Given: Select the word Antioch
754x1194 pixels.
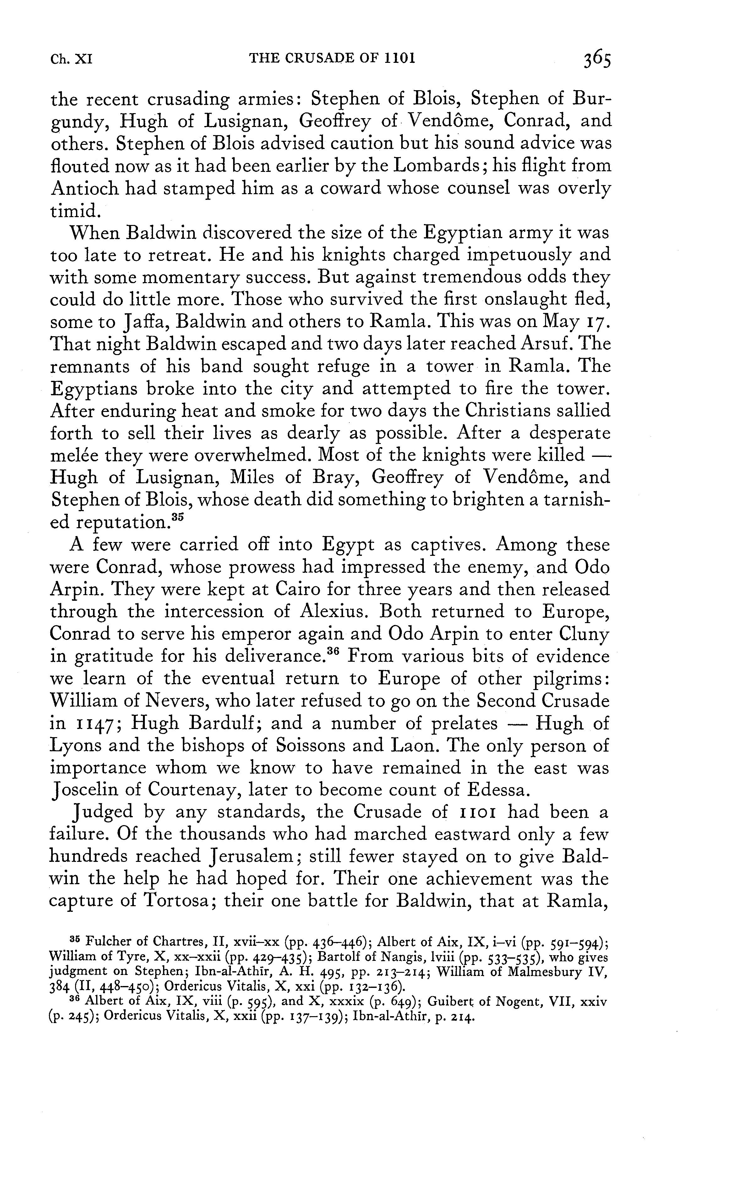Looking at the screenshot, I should (x=84, y=189).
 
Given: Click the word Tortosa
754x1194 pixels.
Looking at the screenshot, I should (x=178, y=900).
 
